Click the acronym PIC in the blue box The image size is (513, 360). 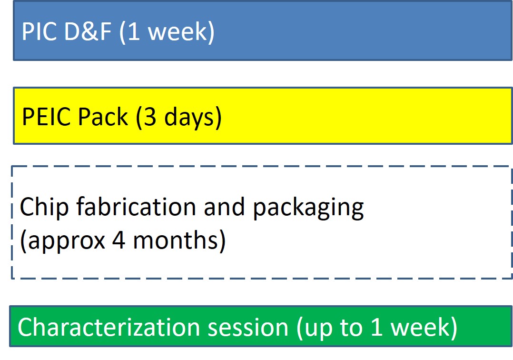click(39, 31)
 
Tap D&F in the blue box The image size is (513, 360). click(88, 31)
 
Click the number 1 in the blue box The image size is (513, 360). click(134, 31)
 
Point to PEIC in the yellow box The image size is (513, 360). click(46, 117)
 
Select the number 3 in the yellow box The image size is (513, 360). click(149, 117)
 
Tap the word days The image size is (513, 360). click(190, 118)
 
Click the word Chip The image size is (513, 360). click(45, 208)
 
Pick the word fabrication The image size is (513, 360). click(136, 207)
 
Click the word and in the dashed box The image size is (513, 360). click(224, 207)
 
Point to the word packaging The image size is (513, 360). click(308, 208)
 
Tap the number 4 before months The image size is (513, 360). click(119, 240)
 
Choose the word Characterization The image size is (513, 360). click(109, 327)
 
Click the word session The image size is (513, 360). click(248, 328)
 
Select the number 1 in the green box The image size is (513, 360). click(377, 327)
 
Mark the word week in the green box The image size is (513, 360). click(421, 327)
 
